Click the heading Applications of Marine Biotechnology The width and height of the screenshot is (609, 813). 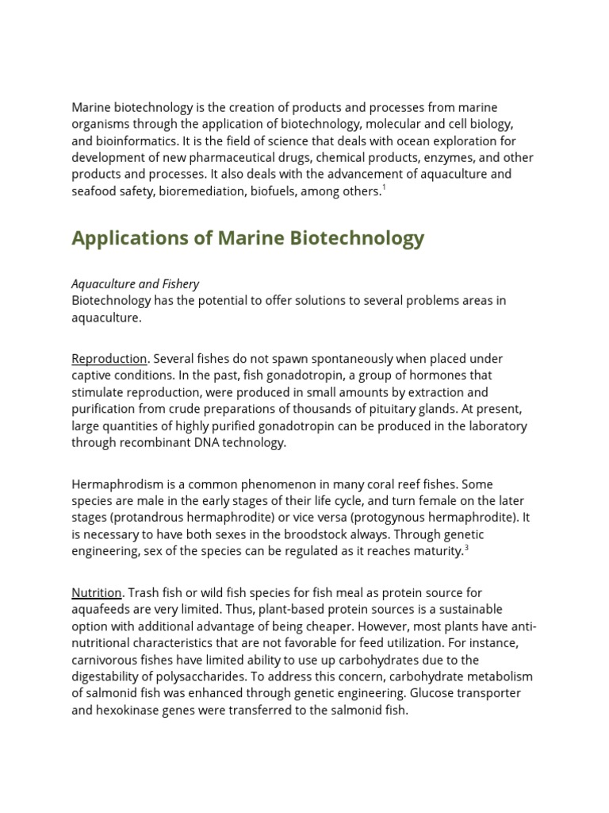tap(247, 238)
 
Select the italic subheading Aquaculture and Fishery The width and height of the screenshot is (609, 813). tap(135, 283)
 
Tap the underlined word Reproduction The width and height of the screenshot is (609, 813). tap(109, 359)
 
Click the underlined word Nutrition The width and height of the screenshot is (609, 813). tap(97, 592)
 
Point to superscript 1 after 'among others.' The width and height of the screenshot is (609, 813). tap(384, 188)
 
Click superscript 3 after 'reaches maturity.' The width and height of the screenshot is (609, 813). tap(466, 548)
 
